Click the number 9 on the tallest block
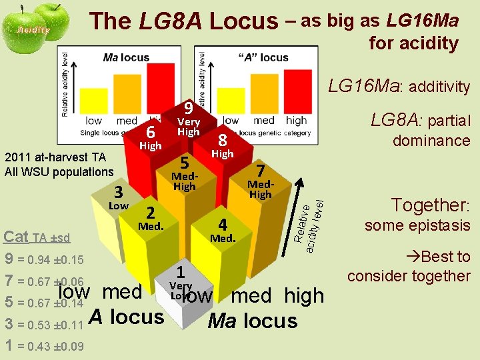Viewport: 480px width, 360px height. [189, 108]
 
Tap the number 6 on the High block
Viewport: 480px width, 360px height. [151, 133]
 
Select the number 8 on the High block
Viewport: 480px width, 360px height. [223, 141]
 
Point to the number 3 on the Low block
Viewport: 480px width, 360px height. [118, 193]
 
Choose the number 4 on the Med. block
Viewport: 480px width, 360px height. [223, 225]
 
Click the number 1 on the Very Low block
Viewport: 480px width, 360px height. [180, 272]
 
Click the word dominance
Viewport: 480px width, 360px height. [431, 141]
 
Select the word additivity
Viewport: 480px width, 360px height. [439, 87]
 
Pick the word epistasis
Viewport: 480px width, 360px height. [443, 225]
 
